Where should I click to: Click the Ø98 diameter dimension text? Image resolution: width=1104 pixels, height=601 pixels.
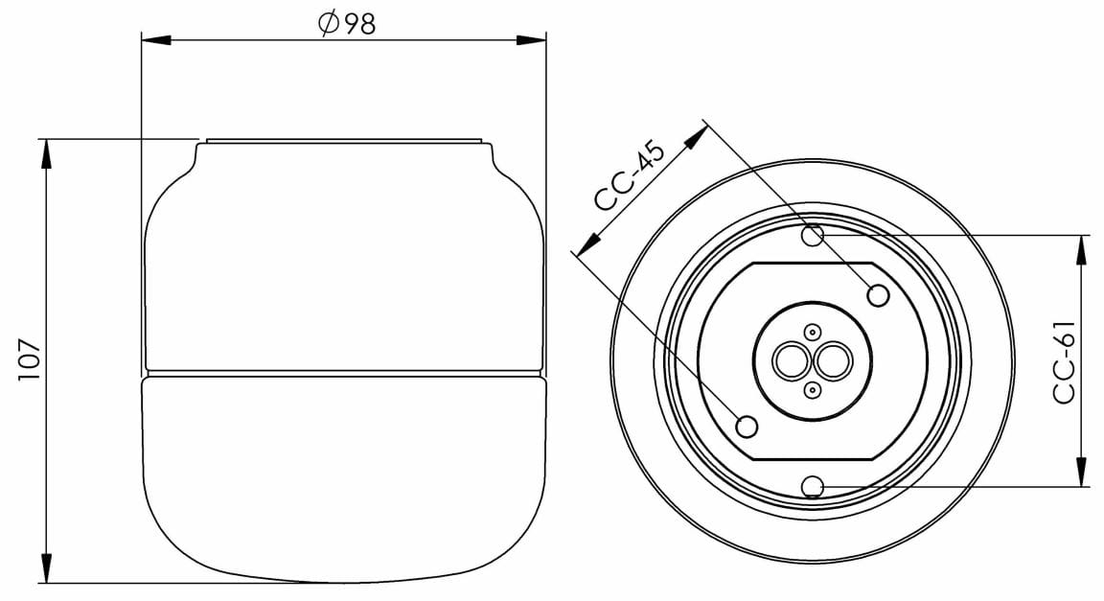click(347, 24)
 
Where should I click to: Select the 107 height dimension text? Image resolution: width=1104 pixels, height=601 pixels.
click(30, 359)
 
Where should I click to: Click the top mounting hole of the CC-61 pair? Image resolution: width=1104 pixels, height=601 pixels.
click(813, 234)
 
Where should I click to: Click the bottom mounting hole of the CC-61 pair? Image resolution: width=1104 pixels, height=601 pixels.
click(813, 486)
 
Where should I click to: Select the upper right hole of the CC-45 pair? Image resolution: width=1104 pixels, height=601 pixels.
click(878, 295)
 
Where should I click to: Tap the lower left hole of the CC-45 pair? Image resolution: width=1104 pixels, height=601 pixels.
click(747, 425)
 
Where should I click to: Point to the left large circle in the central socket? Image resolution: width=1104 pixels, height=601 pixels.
click(794, 361)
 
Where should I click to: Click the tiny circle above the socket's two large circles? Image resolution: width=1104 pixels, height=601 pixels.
click(813, 333)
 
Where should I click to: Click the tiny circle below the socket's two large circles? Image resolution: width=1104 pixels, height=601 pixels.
click(813, 389)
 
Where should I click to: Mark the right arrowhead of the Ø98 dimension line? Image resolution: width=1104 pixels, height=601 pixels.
click(532, 40)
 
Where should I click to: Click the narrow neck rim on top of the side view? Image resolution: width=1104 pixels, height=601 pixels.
click(345, 142)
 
